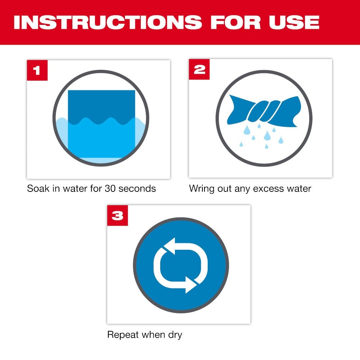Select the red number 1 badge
tap(37, 70)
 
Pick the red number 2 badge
tap(199, 70)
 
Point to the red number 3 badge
tap(117, 216)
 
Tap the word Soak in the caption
tap(38, 188)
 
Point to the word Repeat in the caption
tap(123, 335)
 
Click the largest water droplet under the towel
tap(267, 135)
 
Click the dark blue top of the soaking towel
tap(101, 104)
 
